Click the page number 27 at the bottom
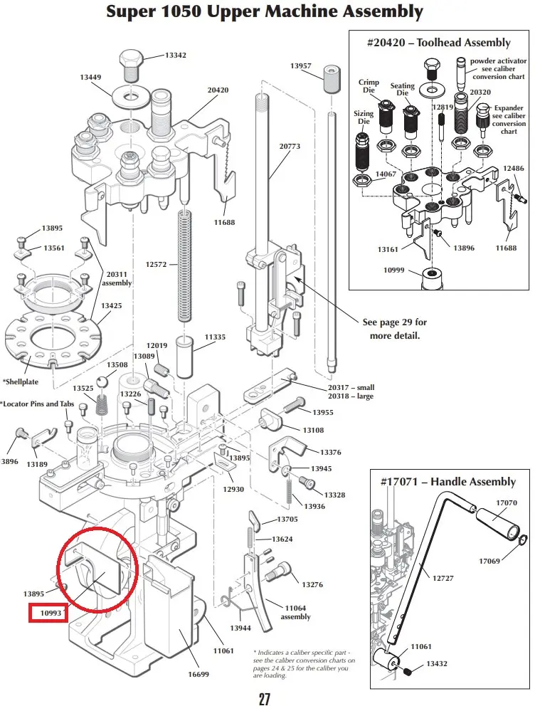(x=264, y=699)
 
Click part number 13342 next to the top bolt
(x=176, y=55)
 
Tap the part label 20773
(x=290, y=146)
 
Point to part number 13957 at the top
(x=301, y=65)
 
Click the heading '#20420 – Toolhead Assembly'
(x=439, y=43)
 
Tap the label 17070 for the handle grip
(x=507, y=502)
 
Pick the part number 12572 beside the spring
(x=157, y=264)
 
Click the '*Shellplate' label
(x=22, y=381)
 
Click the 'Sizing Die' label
(x=364, y=117)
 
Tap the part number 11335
(x=215, y=337)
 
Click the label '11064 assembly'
(x=296, y=612)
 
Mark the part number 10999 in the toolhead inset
(x=394, y=270)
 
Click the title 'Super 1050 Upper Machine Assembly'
(x=264, y=12)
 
